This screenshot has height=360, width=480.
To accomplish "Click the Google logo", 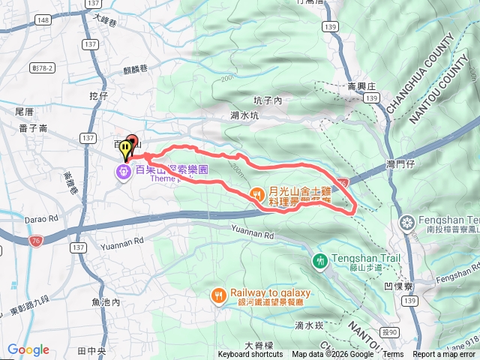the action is point(28,349).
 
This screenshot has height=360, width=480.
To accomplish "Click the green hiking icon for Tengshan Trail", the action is point(320,260).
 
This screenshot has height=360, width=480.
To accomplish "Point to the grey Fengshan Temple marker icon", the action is point(407,223).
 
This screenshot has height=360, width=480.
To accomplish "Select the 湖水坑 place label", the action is point(244,115).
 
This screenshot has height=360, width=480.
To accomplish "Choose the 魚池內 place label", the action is point(106,302).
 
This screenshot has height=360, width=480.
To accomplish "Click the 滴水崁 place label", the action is point(308,325).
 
